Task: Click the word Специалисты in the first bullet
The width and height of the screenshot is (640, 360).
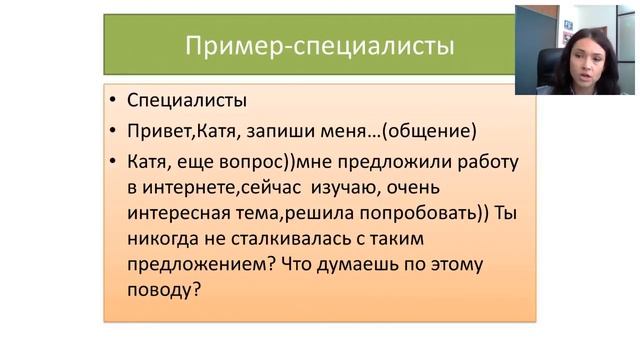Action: [184, 101]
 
